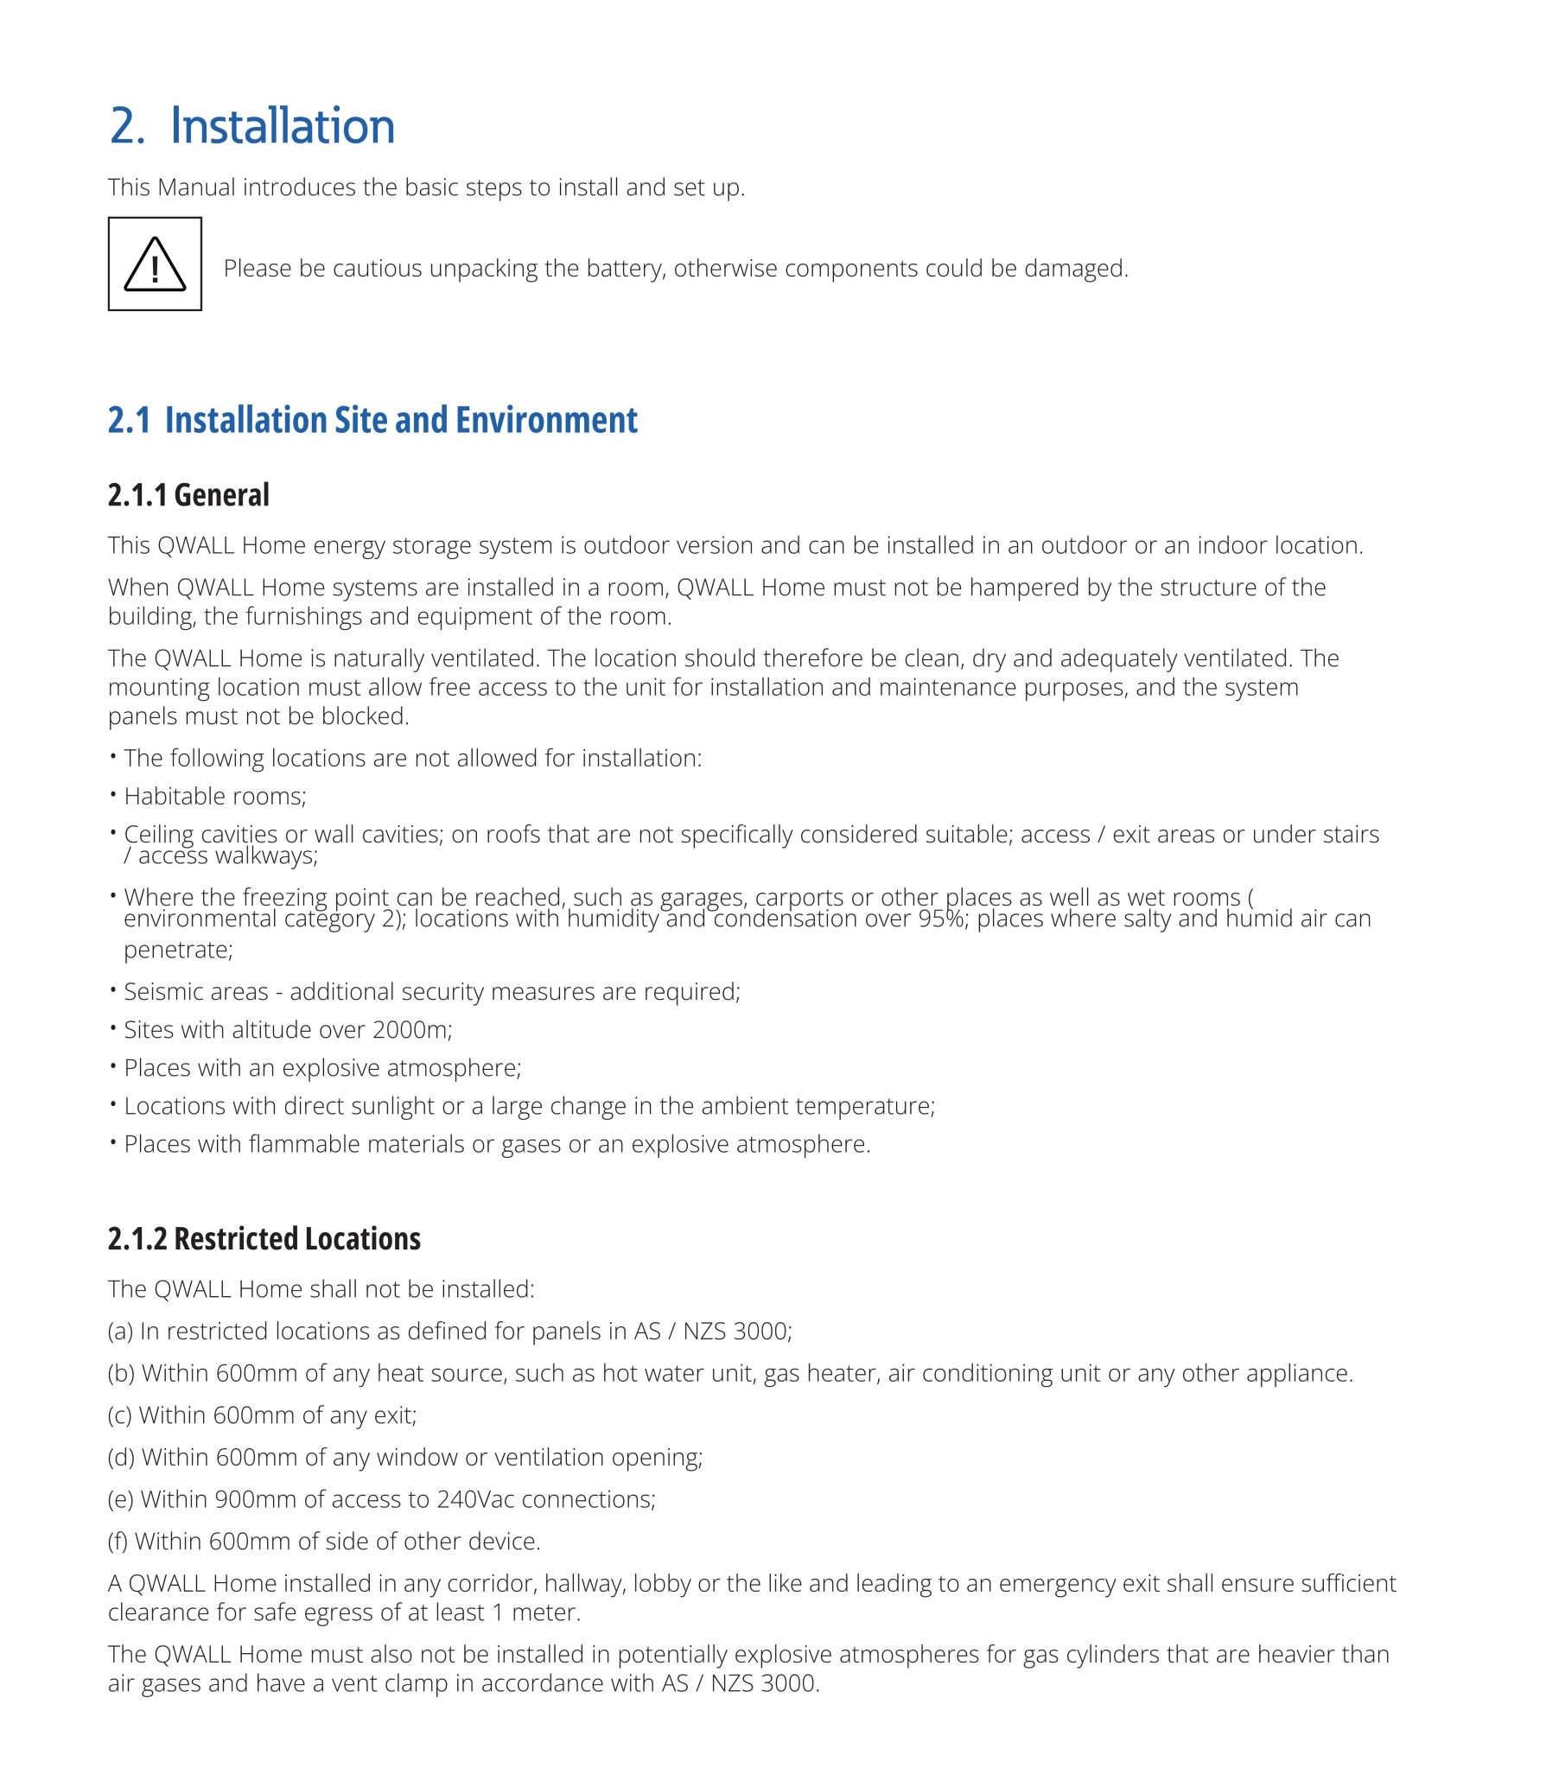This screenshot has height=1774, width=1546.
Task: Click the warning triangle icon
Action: (155, 264)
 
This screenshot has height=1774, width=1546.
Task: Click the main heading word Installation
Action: (283, 126)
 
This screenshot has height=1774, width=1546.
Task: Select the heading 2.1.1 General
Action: (188, 495)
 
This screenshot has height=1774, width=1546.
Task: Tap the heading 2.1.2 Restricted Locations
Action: (264, 1238)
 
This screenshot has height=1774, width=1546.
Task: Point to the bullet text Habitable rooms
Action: (214, 796)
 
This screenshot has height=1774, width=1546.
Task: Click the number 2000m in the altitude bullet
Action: (411, 1029)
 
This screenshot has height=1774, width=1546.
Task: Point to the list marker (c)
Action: (120, 1415)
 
